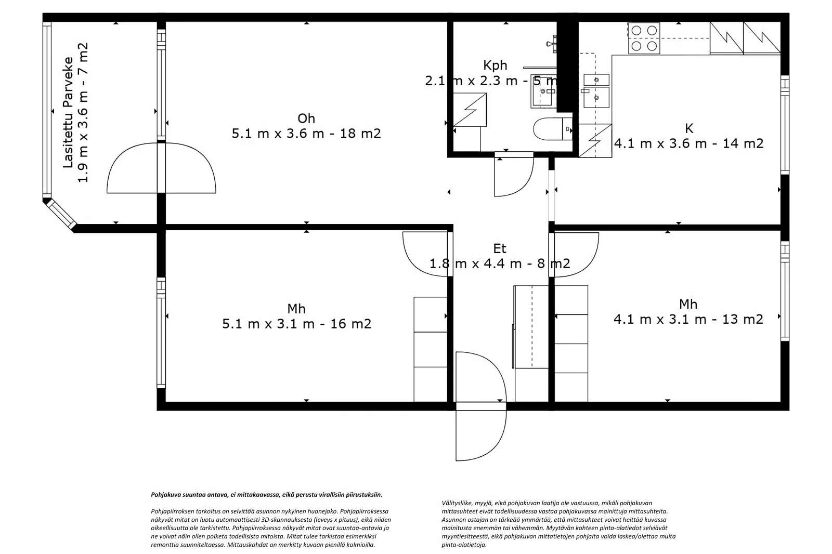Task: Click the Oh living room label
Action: [x=306, y=118]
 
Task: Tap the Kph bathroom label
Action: [x=495, y=65]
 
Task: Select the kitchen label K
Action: [x=689, y=128]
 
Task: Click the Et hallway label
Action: [x=499, y=248]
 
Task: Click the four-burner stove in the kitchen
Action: [x=644, y=38]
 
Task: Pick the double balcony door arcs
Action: [x=161, y=168]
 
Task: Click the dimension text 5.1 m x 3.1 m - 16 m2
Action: [x=296, y=324]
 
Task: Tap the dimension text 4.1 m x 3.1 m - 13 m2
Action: [x=688, y=319]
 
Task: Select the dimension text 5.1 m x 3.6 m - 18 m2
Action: [x=306, y=134]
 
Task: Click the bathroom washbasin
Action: [x=542, y=95]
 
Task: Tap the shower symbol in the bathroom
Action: [x=470, y=110]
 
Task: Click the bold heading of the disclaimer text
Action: [x=266, y=495]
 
